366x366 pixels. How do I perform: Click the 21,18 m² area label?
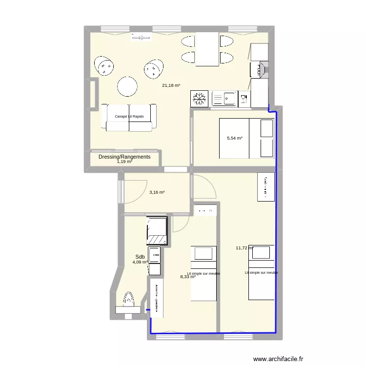tap(171, 85)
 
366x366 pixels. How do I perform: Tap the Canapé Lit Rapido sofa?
tap(129, 117)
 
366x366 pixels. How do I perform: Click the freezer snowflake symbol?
tap(199, 99)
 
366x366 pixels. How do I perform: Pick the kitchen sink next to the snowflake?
tap(224, 99)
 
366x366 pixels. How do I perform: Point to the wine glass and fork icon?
tap(244, 99)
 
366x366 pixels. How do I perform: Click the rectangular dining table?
tap(207, 49)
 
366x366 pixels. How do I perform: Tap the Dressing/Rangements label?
tap(124, 157)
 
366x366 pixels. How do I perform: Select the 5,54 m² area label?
tap(235, 138)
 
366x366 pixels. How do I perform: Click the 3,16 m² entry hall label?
tap(157, 192)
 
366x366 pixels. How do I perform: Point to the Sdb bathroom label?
tap(140, 257)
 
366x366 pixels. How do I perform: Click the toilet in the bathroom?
tap(128, 301)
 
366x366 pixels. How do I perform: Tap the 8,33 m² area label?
tap(188, 277)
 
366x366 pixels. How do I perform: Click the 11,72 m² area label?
tap(244, 248)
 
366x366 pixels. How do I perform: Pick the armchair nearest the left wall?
tap(104, 65)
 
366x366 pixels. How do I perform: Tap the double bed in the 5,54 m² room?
tap(246, 139)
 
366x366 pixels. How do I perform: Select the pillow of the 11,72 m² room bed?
tap(262, 253)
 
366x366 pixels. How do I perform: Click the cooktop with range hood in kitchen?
tap(259, 69)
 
